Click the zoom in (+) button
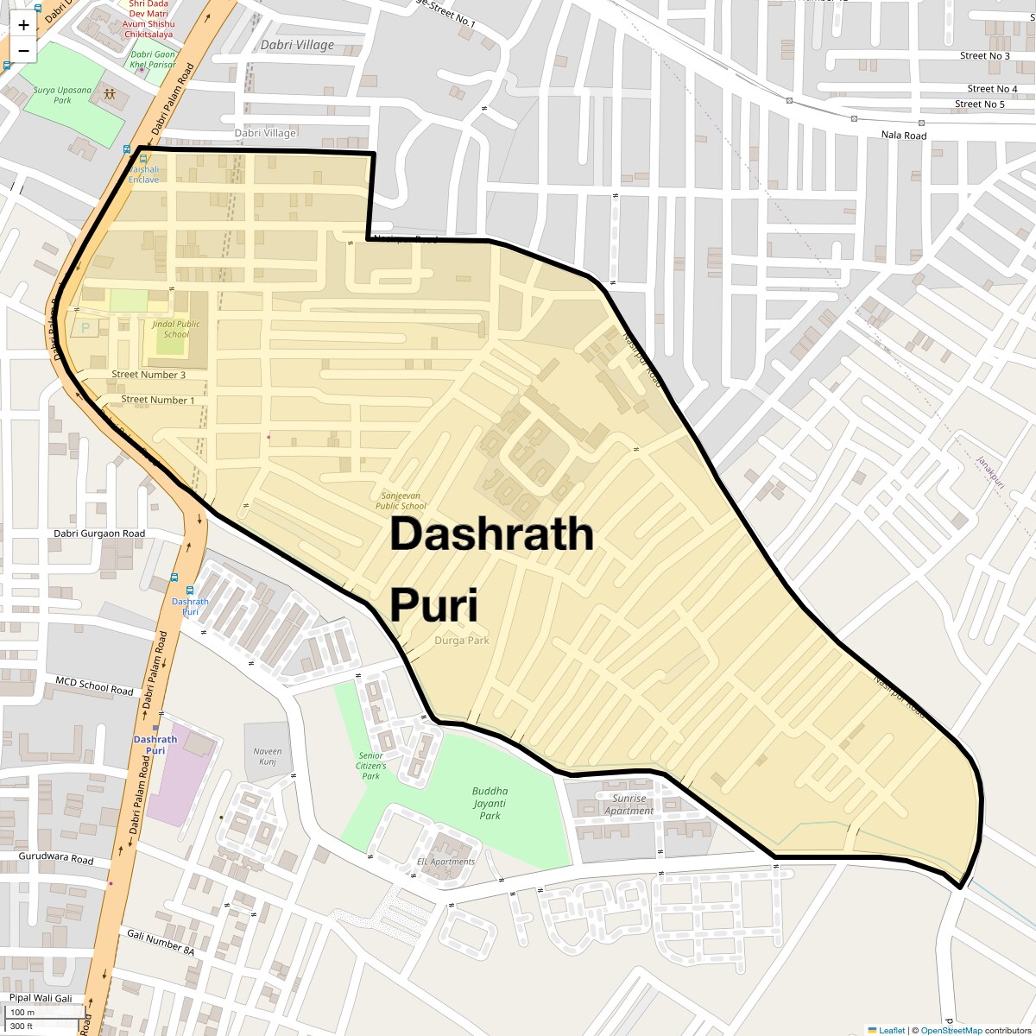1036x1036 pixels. [x=23, y=25]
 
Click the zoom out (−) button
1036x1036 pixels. [x=23, y=51]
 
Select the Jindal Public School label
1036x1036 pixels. [x=176, y=329]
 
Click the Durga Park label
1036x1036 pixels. [x=461, y=641]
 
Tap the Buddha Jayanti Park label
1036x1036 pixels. [x=490, y=803]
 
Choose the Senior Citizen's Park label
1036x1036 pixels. [x=371, y=766]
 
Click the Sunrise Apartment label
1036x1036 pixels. [x=629, y=805]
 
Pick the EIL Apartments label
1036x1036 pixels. [x=445, y=862]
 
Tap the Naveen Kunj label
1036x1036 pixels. [x=268, y=756]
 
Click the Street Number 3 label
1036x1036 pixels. [x=148, y=375]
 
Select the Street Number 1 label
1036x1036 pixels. [x=158, y=400]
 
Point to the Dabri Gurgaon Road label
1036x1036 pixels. [x=99, y=534]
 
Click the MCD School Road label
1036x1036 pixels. [x=94, y=687]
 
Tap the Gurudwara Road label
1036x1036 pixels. [x=56, y=860]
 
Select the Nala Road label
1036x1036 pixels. [x=903, y=136]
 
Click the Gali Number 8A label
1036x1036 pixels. [x=161, y=942]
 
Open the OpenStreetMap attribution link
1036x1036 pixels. [x=951, y=1030]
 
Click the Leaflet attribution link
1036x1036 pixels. [x=891, y=1030]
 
